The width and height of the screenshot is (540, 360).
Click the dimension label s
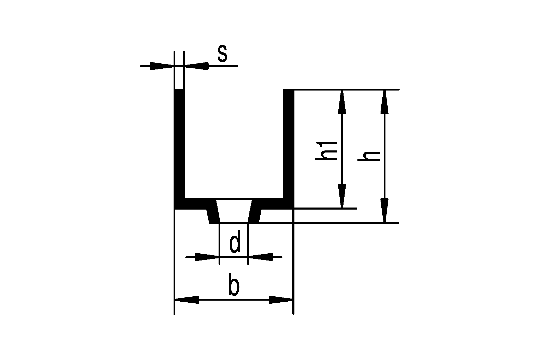(222, 55)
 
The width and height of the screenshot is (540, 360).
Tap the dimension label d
(235, 242)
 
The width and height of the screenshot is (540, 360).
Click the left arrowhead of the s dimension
(162, 66)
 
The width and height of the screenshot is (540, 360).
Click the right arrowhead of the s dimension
(196, 66)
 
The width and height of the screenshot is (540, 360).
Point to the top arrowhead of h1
(342, 102)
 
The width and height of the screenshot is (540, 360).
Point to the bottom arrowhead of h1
(342, 196)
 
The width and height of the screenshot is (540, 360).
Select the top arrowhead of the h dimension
(384, 102)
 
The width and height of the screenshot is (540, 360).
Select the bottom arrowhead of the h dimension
(384, 210)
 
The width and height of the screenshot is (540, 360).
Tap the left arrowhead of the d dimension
(207, 257)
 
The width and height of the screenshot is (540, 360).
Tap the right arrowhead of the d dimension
(260, 257)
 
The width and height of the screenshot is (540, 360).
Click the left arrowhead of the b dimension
(187, 300)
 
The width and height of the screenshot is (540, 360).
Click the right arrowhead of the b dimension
(281, 300)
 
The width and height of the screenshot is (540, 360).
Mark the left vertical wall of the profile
(179, 144)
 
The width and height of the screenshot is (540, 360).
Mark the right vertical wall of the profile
(289, 144)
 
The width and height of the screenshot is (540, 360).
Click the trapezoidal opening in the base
(234, 211)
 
